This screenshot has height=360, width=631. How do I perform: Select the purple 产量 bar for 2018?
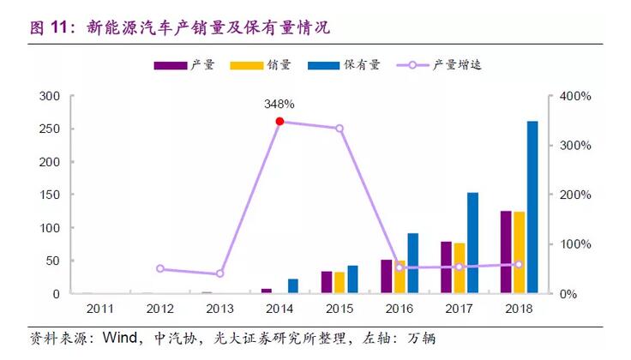coord(507,252)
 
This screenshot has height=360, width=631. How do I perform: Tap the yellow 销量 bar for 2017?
coord(460,268)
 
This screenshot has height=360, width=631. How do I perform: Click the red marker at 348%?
coord(279,122)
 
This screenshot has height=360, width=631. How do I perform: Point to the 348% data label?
coord(279,104)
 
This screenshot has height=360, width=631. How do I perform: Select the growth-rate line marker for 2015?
coord(340,129)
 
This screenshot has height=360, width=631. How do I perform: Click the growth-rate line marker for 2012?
coord(159,268)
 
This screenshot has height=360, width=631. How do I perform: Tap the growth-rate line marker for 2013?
coord(219,273)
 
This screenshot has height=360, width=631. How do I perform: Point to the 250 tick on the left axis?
coord(50,129)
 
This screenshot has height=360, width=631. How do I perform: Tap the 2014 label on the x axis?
coord(279,309)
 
